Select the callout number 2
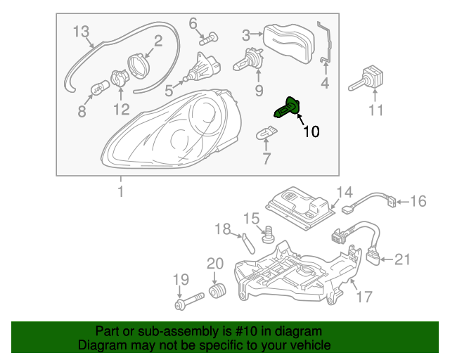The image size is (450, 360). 158,41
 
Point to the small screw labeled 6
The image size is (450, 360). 209,39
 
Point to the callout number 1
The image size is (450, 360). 120,191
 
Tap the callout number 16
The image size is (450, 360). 418,202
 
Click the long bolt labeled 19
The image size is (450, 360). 186,305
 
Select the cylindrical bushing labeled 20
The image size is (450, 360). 217,290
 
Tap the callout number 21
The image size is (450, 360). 401,259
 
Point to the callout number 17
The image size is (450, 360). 363,297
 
